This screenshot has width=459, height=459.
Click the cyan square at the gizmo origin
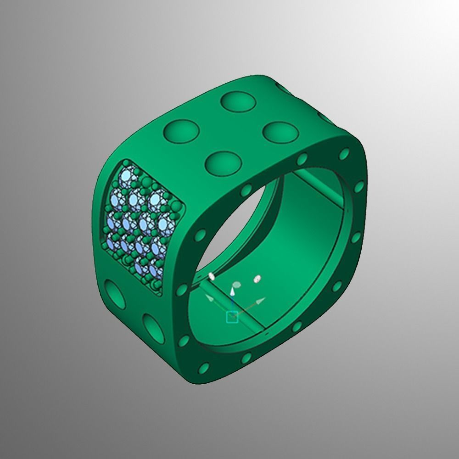pyautogui.click(x=232, y=316)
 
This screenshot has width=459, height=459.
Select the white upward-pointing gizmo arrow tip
pyautogui.click(x=233, y=291)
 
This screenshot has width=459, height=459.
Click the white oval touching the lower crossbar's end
pyautogui.click(x=212, y=276)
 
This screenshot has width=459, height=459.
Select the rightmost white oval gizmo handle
pyautogui.click(x=258, y=278)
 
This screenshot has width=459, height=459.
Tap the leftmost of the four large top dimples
pyautogui.click(x=180, y=130)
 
